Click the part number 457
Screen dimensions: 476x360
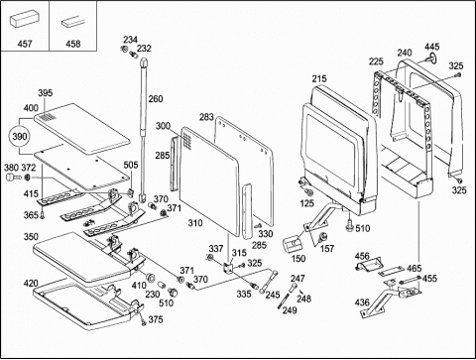[x=25, y=44]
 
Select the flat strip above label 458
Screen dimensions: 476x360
[x=73, y=23]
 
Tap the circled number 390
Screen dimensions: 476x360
[x=20, y=136]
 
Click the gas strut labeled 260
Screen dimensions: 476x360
[x=144, y=129]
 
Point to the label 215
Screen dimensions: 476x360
[x=319, y=78]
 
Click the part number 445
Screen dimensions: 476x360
[x=431, y=47]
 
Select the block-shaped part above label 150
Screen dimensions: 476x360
[x=293, y=244]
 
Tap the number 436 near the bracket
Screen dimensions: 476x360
[x=362, y=302]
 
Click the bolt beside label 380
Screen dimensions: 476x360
[x=13, y=178]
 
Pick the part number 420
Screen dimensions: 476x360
[x=31, y=284]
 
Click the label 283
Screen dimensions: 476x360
[x=206, y=117]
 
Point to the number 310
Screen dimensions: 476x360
[x=195, y=223]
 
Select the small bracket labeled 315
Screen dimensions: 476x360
[x=228, y=268]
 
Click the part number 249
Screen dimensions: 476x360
[x=290, y=310]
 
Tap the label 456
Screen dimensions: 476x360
[x=362, y=256]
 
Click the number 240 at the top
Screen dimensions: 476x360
[x=405, y=53]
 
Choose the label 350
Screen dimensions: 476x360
[x=31, y=237]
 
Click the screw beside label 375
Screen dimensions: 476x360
[x=143, y=320]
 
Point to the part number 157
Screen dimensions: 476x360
[x=327, y=248]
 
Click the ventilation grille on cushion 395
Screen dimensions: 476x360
[x=48, y=117]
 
